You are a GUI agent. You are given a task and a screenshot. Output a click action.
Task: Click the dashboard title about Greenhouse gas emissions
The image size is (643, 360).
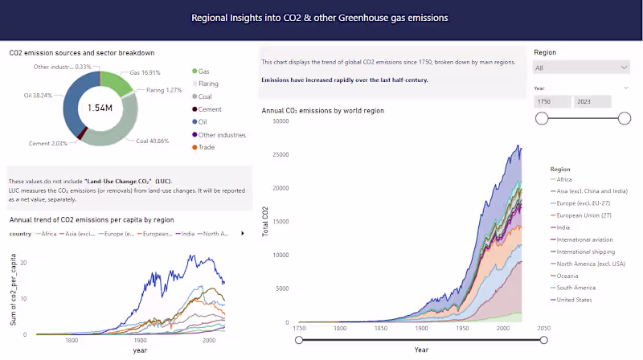click(320, 17)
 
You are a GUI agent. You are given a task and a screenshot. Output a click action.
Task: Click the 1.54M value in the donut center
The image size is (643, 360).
click(99, 107)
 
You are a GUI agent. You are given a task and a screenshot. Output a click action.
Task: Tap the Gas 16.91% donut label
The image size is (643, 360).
click(146, 72)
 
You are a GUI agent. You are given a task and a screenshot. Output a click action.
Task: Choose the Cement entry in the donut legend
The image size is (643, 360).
click(211, 109)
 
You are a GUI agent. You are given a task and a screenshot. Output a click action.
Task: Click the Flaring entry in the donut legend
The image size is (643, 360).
click(211, 84)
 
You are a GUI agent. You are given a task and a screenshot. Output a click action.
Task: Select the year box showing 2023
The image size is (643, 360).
click(592, 101)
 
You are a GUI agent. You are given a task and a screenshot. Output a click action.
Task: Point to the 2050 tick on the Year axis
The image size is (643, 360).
click(543, 329)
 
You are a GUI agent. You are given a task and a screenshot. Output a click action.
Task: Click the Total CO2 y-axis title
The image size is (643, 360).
click(266, 223)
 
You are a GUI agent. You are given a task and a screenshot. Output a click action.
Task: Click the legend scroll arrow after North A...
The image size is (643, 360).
click(243, 234)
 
